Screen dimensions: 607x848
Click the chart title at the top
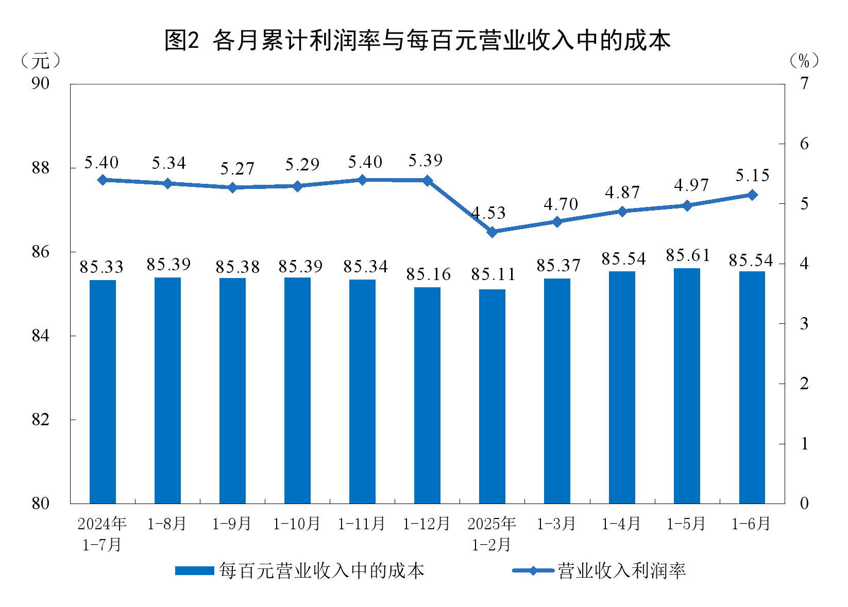417,40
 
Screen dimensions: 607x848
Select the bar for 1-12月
427,395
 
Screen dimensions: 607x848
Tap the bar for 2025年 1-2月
492,396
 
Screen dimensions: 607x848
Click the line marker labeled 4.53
492,232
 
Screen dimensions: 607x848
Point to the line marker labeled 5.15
752,195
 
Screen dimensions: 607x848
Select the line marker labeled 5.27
232,187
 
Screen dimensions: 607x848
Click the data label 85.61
688,255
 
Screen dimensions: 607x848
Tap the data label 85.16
428,275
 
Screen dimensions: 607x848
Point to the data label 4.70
561,204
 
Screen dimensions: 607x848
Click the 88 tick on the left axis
41,168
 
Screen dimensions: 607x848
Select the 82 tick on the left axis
41,420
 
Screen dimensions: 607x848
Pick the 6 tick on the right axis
804,144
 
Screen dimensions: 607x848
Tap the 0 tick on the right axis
804,503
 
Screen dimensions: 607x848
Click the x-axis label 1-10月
297,524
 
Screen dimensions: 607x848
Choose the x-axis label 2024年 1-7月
102,534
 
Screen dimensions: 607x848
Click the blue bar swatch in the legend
194,570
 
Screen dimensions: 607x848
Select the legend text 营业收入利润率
622,570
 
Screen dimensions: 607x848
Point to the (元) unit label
41,61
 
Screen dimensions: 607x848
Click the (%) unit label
804,61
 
